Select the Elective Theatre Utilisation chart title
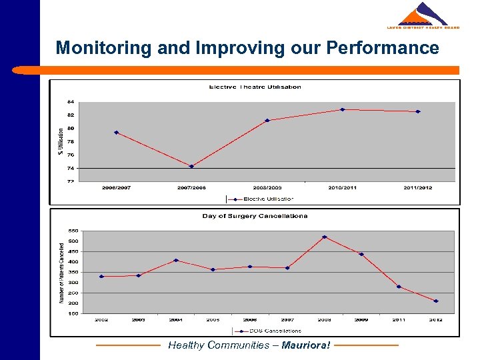coord(255,87)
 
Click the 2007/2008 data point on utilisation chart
coord(191,166)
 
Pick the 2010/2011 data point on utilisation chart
coord(342,109)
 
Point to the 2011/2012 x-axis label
coord(417,188)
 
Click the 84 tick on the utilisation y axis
coord(70,102)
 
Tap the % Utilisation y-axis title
coord(61,142)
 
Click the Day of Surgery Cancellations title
coord(255,216)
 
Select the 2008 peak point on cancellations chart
coord(325,237)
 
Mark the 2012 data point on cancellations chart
coord(436,301)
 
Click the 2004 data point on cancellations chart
coord(176,260)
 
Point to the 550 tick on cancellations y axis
coord(73,231)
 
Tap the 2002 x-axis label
coord(101,320)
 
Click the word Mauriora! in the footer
coord(305,345)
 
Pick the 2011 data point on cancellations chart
coord(399,287)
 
